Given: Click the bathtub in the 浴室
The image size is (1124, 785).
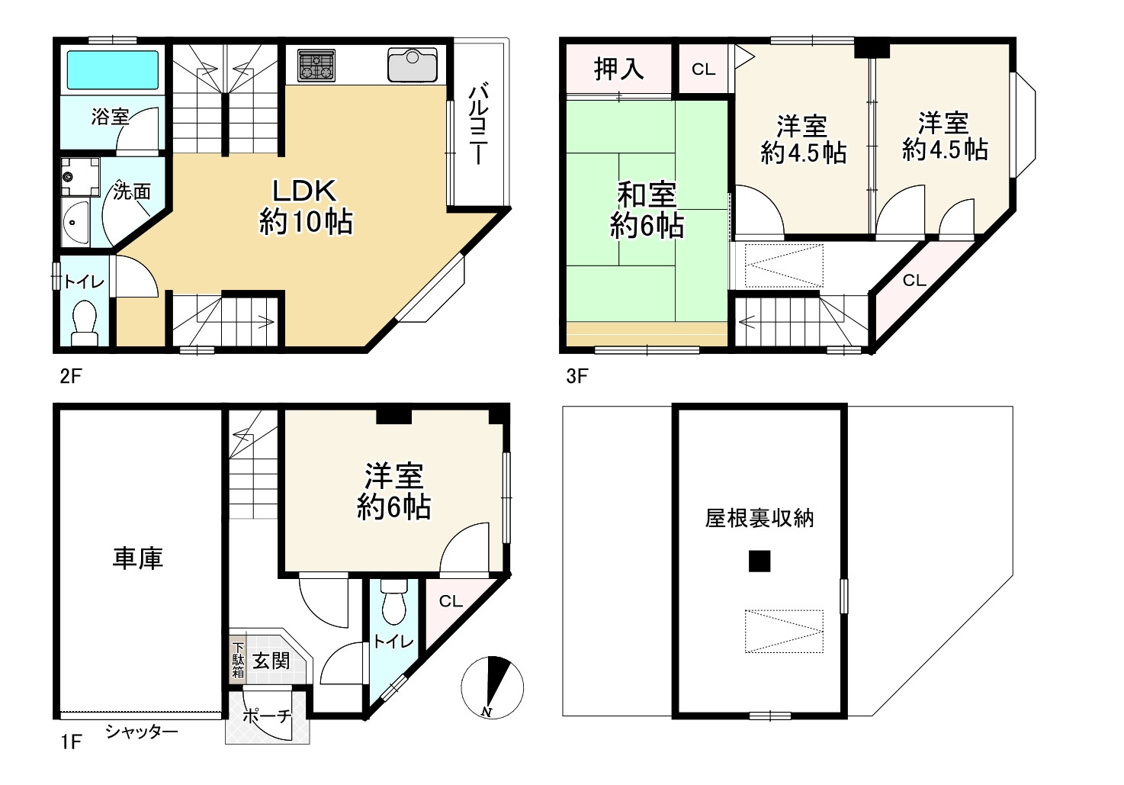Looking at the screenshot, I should click(x=112, y=70).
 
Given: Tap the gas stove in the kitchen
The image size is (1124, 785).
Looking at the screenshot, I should click(x=316, y=65).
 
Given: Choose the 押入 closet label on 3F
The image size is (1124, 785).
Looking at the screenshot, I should click(x=618, y=69).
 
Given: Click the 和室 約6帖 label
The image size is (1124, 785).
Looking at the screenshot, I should click(x=647, y=210).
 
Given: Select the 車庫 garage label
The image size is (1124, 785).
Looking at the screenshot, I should click(x=138, y=558).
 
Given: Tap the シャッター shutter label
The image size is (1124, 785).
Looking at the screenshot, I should click(x=142, y=732).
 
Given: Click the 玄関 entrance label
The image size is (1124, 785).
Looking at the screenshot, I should click(x=271, y=660).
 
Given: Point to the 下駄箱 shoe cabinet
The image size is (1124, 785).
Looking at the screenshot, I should click(x=239, y=658).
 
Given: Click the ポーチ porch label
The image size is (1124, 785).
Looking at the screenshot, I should click(x=267, y=716).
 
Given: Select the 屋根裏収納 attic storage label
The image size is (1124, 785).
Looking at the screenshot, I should click(x=759, y=519).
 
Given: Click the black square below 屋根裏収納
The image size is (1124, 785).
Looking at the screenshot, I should click(x=759, y=561).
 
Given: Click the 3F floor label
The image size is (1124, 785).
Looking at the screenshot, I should click(x=576, y=375).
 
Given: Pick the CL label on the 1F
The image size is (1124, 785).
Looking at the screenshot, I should click(x=451, y=601).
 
